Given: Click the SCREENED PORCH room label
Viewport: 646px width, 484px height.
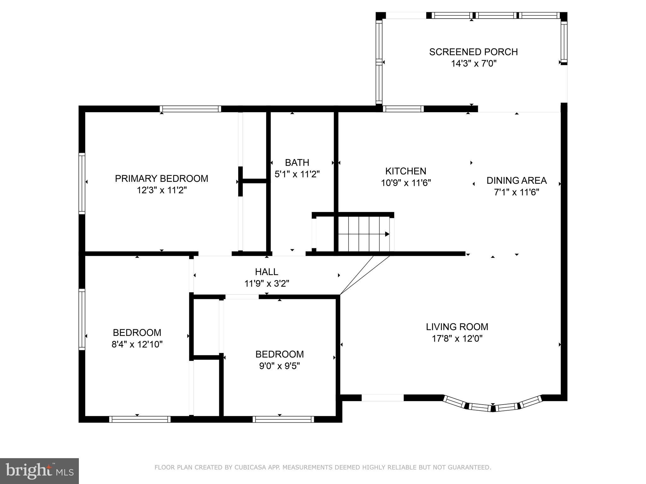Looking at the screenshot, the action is pos(473,52).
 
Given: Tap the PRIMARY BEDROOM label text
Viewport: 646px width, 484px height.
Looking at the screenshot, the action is pos(161,179).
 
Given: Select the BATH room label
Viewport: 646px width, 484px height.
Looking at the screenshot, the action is pos(297,163).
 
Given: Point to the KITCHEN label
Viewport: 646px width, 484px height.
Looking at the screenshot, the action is pos(406,171).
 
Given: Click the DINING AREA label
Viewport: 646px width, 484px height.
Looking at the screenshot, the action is pos(517,181).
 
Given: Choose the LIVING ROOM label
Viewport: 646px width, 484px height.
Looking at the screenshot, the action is pos(457,327).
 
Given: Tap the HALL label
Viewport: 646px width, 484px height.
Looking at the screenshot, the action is pos(267,272).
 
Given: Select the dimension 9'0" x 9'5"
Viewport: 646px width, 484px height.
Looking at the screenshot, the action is pos(279,366).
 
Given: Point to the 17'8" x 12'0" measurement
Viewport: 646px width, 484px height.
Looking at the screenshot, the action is pos(457,339).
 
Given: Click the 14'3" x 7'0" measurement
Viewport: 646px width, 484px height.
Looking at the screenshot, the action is pos(474,64).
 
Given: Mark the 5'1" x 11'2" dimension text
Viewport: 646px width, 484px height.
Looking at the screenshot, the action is pos(297,174).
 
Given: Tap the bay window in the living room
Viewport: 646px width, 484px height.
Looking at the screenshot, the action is pos(493,406).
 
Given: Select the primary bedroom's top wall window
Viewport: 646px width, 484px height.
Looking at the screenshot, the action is pos(190,109).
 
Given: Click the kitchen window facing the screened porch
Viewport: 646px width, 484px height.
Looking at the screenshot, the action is pos(403,109).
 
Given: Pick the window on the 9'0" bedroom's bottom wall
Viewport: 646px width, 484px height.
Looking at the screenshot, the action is pos(283,419).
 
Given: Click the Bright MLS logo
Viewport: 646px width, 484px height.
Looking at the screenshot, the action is pos(39,471).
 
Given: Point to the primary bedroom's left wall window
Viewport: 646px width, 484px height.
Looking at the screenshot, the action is pos(82,183).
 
